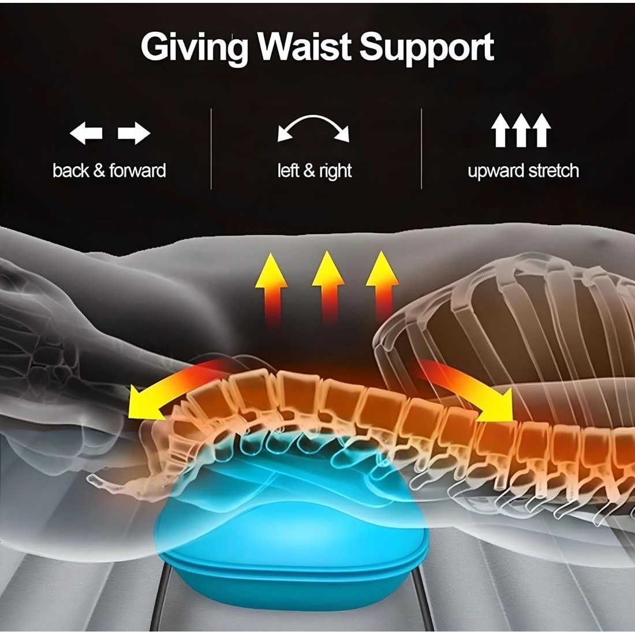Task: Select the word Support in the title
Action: click(427, 48)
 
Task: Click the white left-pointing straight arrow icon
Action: click(86, 132)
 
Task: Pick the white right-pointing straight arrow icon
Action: click(134, 132)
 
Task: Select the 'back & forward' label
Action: click(109, 170)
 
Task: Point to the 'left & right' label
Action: click(315, 171)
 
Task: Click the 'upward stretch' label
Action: click(523, 171)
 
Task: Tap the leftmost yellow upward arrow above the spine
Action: click(271, 288)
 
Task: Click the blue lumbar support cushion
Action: click(292, 539)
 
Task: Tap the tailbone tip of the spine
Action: click(91, 478)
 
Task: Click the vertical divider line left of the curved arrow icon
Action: click(211, 148)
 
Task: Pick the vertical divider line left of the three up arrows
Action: click(421, 148)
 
